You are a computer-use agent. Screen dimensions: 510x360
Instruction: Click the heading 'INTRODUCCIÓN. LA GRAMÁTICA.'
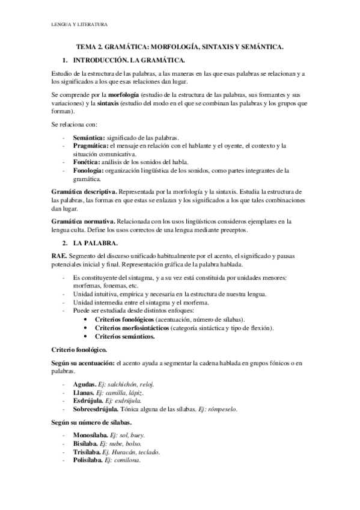pyautogui.click(x=129, y=61)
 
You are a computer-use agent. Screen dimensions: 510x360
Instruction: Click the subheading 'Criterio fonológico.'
pyautogui.click(x=81, y=349)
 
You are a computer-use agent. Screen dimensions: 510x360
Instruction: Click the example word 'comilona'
pyautogui.click(x=125, y=460)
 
